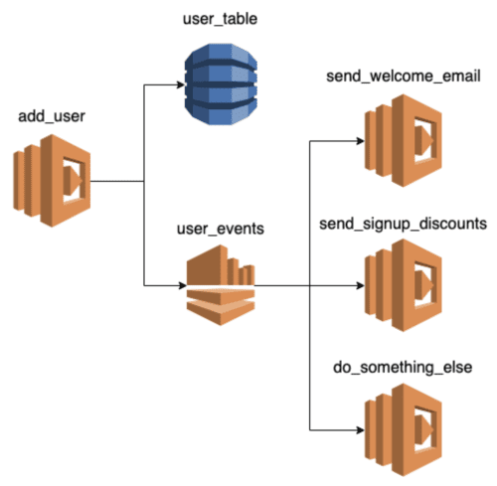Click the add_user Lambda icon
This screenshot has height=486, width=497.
click(52, 182)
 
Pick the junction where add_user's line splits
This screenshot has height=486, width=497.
click(144, 182)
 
